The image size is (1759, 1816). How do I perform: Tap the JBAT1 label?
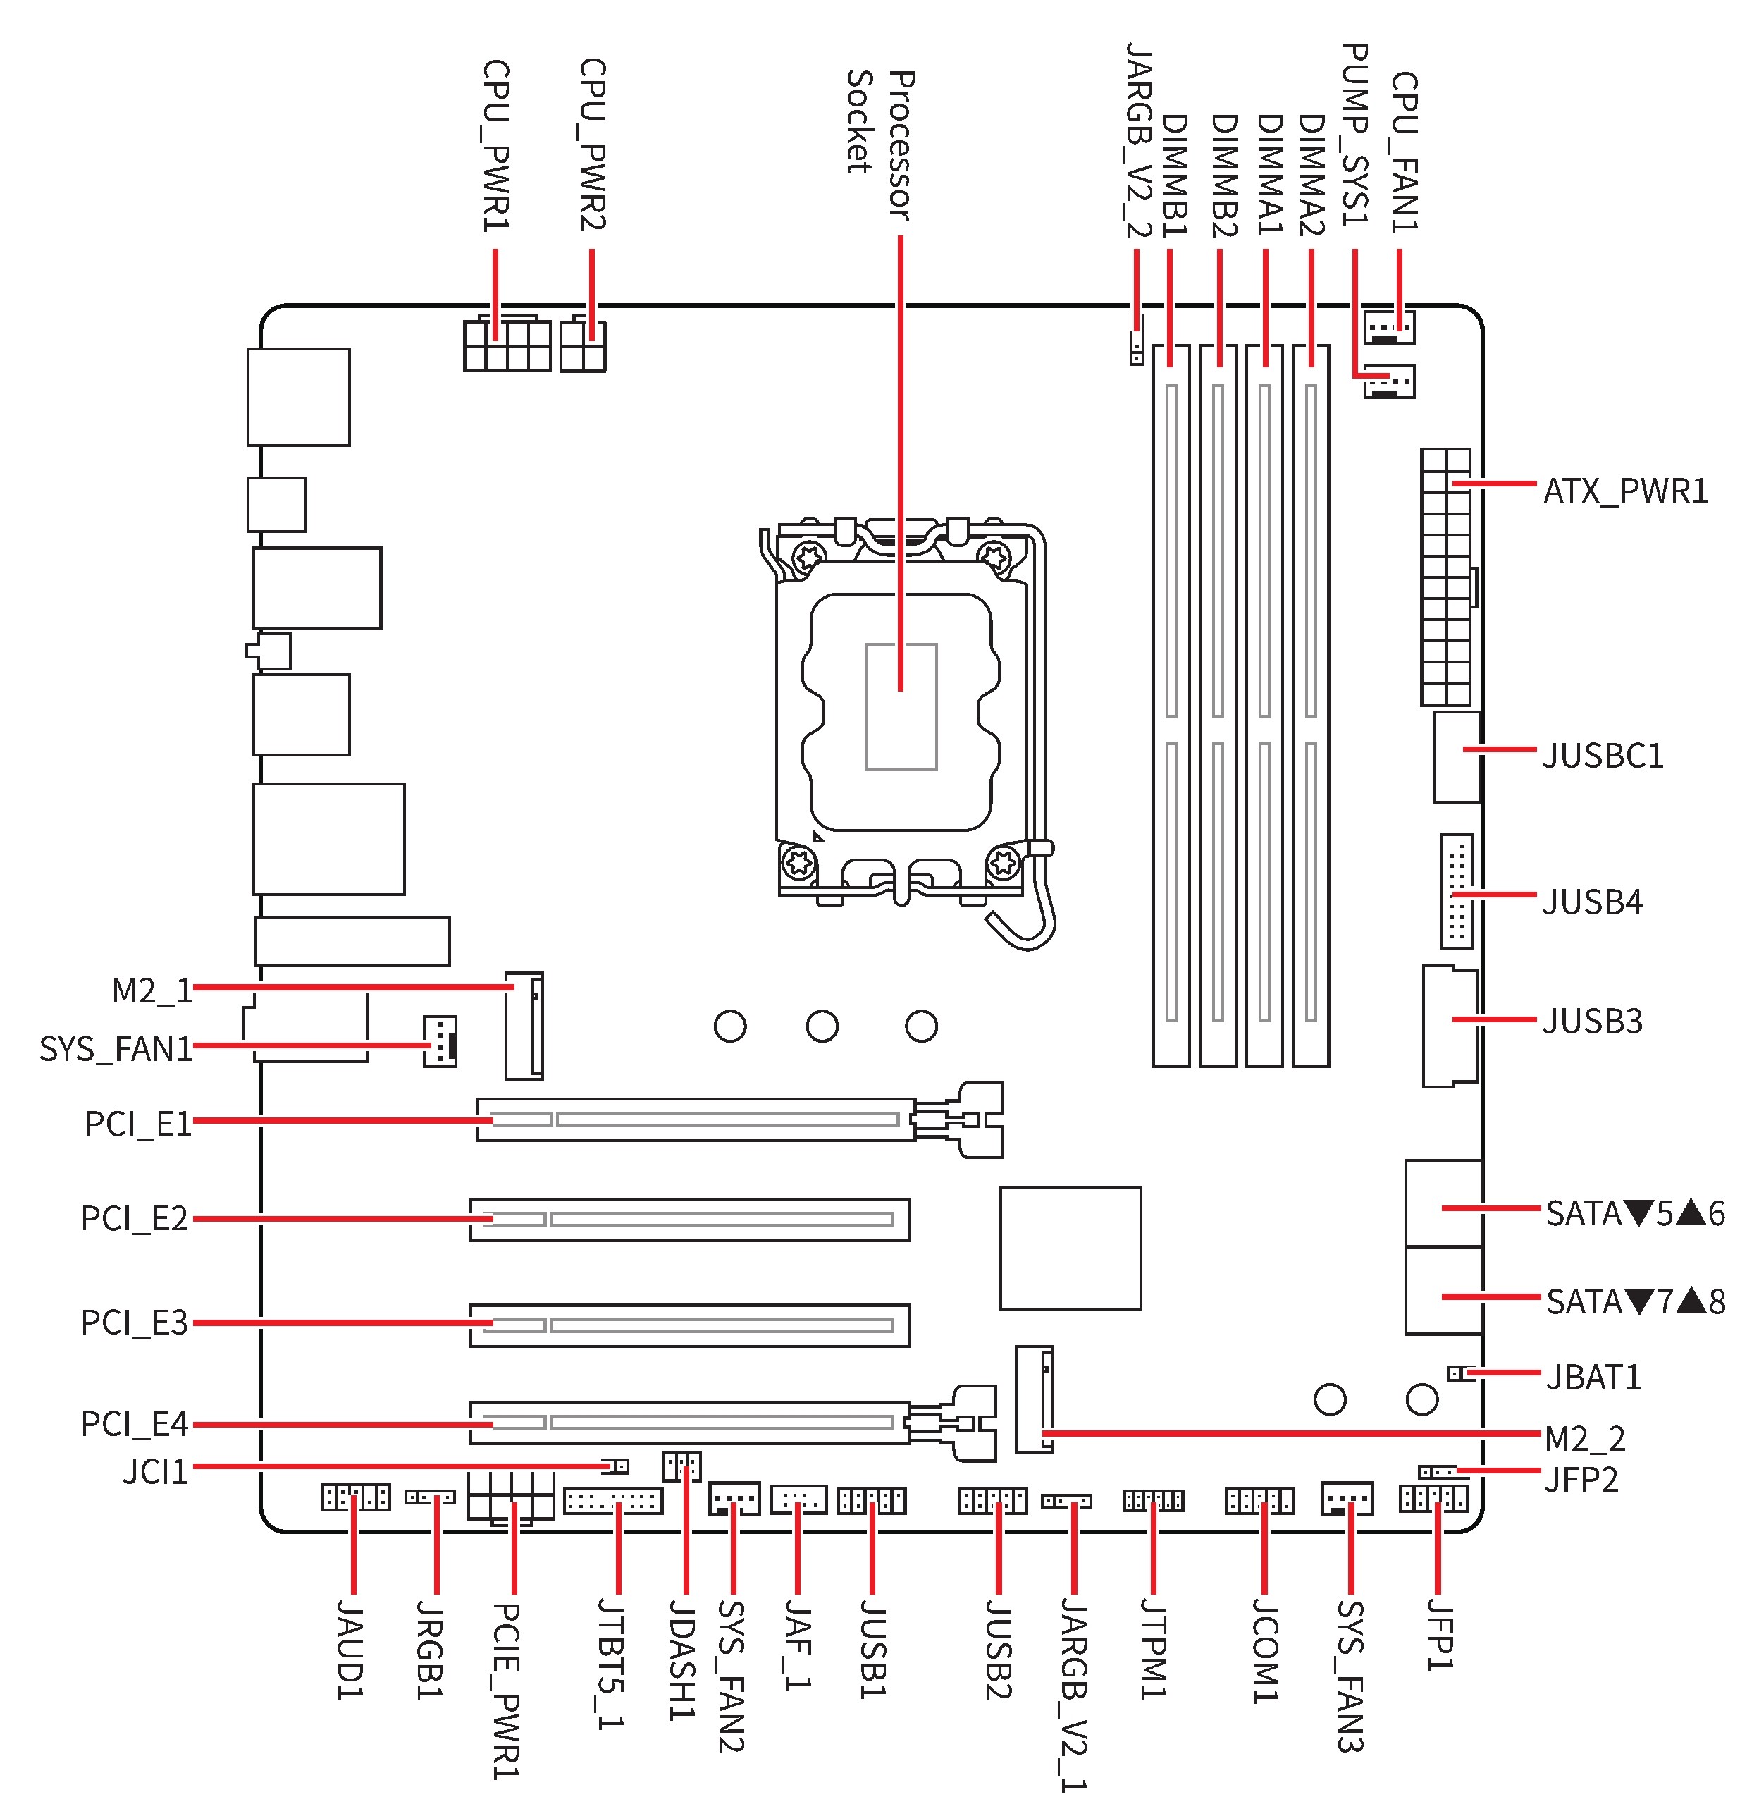[x=1593, y=1377]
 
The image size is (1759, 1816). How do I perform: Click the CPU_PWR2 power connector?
[x=583, y=345]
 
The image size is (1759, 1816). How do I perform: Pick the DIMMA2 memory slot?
[x=1311, y=705]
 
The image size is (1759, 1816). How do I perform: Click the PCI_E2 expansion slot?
[x=689, y=1220]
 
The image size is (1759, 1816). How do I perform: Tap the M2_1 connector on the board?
[x=524, y=1026]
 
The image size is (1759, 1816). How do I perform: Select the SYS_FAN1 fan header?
[x=439, y=1041]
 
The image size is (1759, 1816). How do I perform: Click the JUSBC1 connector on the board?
[x=1456, y=757]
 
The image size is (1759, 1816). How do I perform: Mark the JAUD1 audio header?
[x=356, y=1497]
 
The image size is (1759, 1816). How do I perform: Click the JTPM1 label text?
[x=1153, y=1648]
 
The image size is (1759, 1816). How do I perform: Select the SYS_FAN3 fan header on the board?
[x=1347, y=1498]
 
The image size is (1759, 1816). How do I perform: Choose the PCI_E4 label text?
[x=135, y=1424]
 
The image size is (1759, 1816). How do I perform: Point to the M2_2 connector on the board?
[x=1035, y=1399]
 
